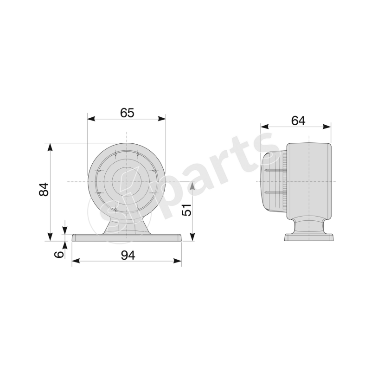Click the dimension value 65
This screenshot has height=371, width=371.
click(127, 113)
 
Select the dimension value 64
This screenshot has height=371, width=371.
click(298, 120)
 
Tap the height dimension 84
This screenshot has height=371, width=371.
click(43, 190)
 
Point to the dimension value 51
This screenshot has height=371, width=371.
click(186, 210)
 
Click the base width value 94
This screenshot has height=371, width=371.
click(127, 255)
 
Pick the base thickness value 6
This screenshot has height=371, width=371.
click(59, 254)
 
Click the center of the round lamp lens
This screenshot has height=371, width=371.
click(127, 181)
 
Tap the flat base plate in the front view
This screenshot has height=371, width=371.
click(127, 238)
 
